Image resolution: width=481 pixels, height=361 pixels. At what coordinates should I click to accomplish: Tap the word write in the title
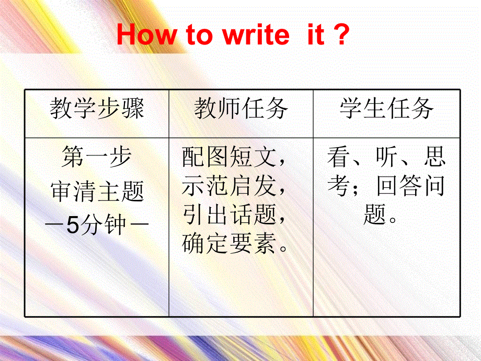[256, 36]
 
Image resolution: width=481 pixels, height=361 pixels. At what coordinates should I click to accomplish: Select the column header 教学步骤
[97, 109]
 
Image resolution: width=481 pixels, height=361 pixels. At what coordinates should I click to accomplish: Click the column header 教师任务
[241, 109]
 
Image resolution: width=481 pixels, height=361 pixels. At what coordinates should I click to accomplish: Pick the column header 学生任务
[386, 109]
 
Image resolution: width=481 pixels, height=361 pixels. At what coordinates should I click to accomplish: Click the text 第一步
[97, 157]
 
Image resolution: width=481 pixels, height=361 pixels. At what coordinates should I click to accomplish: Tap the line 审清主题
[97, 192]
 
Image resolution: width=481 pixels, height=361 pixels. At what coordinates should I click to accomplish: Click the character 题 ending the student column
[375, 215]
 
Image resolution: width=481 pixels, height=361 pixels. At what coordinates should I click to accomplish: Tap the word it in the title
[313, 36]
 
